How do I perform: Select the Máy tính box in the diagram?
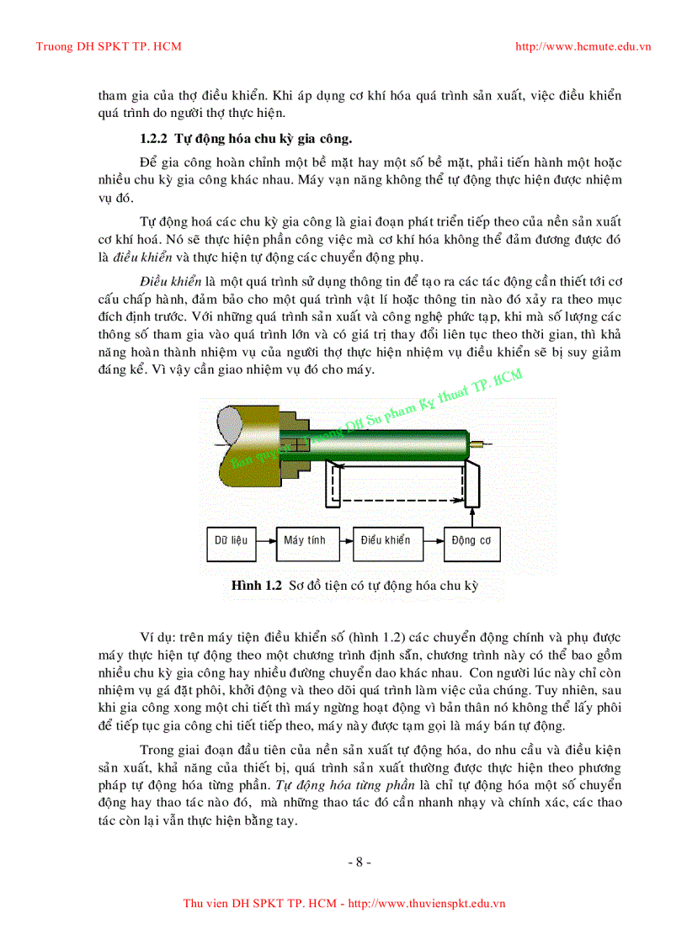(305, 541)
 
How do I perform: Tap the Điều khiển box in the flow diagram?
(386, 541)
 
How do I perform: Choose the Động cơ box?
(471, 541)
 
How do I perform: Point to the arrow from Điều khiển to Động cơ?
(431, 541)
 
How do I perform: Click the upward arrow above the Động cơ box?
(471, 515)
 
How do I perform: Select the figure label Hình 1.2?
(255, 586)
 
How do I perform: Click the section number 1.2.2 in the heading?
(155, 137)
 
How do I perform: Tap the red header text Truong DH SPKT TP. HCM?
(108, 46)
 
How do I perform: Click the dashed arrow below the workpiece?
(396, 502)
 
